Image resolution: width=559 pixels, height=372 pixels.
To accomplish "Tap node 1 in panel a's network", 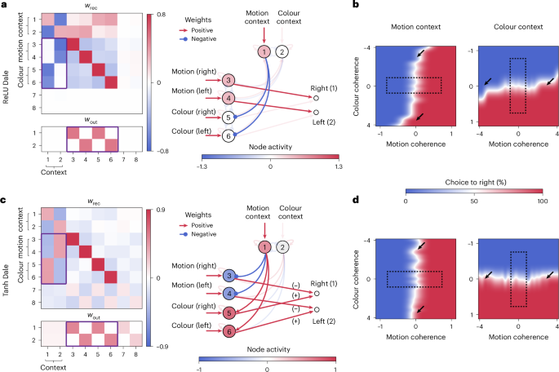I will click(x=264, y=52).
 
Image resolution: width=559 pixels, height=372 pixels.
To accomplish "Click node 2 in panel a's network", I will click(x=282, y=52).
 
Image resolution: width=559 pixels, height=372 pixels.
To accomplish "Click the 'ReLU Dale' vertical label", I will click(x=6, y=63).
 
